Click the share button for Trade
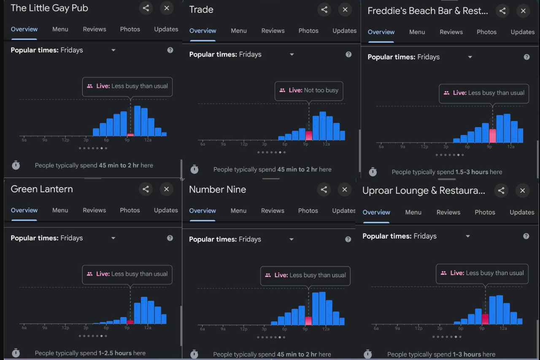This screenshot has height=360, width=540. click(324, 10)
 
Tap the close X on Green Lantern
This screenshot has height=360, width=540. click(166, 189)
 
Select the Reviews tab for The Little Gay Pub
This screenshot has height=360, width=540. click(94, 29)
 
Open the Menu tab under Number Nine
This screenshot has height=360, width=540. click(238, 211)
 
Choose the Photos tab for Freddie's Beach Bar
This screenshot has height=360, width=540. click(486, 32)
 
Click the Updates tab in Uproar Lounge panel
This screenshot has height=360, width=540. click(522, 212)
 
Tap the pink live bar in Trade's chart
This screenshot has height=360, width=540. click(309, 135)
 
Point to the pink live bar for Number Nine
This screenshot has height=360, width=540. click(308, 321)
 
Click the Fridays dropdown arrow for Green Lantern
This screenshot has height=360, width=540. click(113, 238)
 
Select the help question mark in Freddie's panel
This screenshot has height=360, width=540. click(526, 57)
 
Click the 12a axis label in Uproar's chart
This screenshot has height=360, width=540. click(503, 328)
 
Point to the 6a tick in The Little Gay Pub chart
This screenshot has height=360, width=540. click(24, 140)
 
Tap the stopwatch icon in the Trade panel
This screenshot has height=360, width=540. click(194, 169)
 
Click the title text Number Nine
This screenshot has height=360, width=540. click(217, 190)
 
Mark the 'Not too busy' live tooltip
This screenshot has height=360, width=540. click(308, 90)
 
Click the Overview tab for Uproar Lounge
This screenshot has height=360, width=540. click(376, 212)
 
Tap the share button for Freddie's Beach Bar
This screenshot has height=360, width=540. click(502, 11)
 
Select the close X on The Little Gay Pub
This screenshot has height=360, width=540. click(167, 8)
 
